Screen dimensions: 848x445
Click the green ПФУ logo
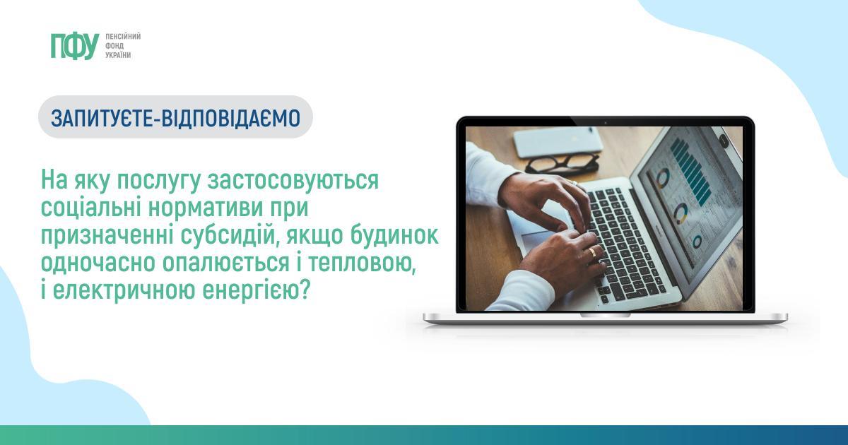point(75,47)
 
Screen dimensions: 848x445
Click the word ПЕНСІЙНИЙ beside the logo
point(123,37)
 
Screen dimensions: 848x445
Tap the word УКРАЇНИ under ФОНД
point(118,55)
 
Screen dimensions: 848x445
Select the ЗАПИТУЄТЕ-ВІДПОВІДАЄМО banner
point(176,117)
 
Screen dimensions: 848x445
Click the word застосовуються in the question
point(293,182)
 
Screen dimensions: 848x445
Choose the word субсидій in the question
point(230,237)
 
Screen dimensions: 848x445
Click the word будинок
point(394,235)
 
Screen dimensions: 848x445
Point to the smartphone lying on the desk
point(558,141)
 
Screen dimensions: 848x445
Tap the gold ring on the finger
point(592,253)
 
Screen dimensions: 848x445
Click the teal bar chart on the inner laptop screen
point(691,171)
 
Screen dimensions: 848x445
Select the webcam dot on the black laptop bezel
point(606,123)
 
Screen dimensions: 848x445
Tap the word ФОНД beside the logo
point(114,46)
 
